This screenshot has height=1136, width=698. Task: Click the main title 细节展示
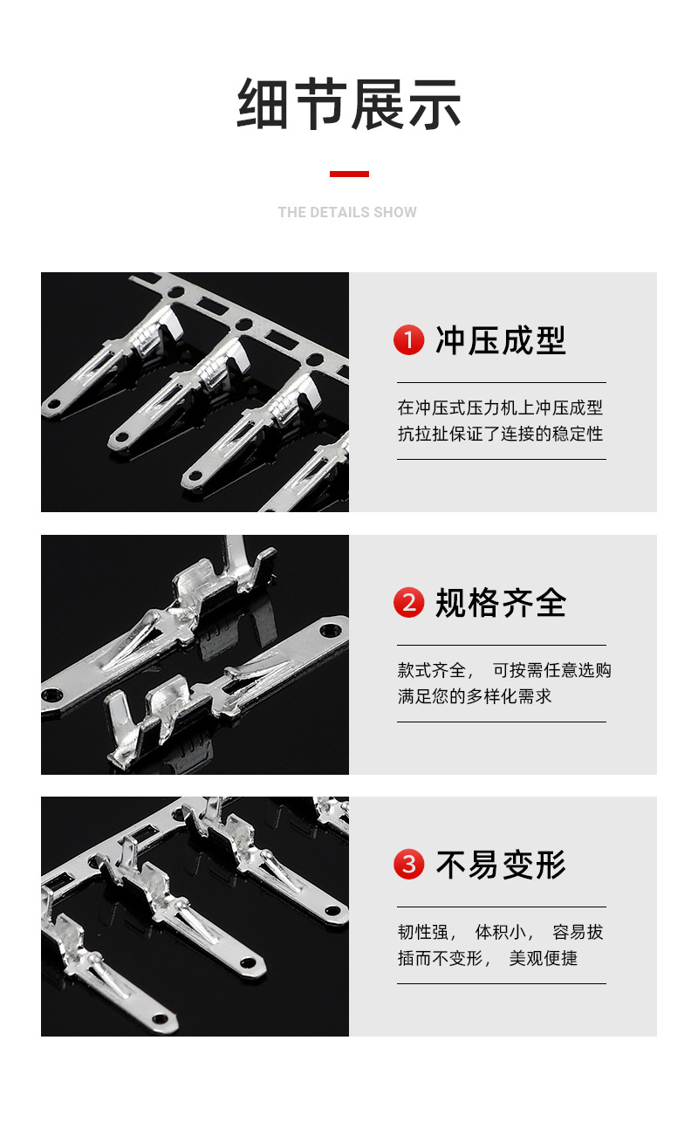349,104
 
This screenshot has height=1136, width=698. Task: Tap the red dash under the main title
349,175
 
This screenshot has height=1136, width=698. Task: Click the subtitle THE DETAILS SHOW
347,212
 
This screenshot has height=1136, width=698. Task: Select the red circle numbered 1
408,340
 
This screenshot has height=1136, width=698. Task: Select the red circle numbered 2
408,603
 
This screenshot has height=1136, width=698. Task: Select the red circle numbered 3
408,865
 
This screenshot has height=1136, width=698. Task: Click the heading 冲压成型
501,340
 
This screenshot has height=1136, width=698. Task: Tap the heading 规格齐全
501,603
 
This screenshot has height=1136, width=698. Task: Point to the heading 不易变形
501,865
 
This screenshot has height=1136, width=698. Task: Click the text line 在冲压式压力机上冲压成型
500,407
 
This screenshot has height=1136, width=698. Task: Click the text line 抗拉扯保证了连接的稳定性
500,434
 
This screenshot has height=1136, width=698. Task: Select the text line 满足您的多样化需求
475,696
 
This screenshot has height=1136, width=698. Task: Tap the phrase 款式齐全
432,670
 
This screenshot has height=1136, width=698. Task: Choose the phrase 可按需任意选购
552,670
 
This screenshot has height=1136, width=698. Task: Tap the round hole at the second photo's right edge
331,629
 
